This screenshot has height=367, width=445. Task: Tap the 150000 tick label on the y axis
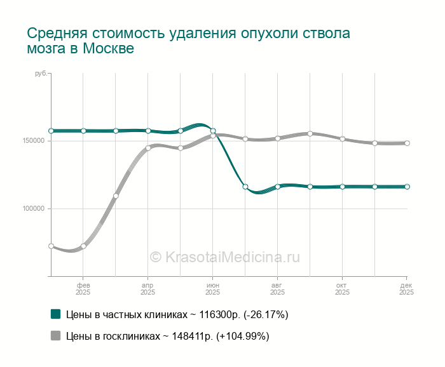click(x=36, y=140)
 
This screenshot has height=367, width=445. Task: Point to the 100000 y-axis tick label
click(x=36, y=209)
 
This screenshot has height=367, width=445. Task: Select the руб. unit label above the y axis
click(x=41, y=75)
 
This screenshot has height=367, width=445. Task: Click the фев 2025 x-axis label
click(x=83, y=289)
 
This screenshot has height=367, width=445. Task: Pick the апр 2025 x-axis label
click(x=148, y=289)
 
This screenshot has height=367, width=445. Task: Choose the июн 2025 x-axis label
click(x=213, y=289)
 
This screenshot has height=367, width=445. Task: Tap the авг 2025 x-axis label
click(x=278, y=289)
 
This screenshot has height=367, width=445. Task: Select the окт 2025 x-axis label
click(x=342, y=289)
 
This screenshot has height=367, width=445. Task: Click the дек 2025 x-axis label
click(x=407, y=289)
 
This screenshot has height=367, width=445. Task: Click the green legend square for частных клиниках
click(x=55, y=314)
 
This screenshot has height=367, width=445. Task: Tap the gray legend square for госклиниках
click(x=55, y=336)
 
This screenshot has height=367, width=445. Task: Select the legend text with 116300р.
click(x=177, y=314)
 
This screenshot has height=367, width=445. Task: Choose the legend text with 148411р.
click(x=168, y=336)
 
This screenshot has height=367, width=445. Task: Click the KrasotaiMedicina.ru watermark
click(x=224, y=257)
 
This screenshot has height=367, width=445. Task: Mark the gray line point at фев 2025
click(x=83, y=246)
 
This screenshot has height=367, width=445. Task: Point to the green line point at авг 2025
click(x=278, y=187)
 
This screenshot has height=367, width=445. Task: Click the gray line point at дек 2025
click(x=407, y=143)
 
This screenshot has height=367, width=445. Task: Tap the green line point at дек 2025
click(x=407, y=187)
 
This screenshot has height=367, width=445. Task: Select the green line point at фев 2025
click(x=83, y=131)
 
